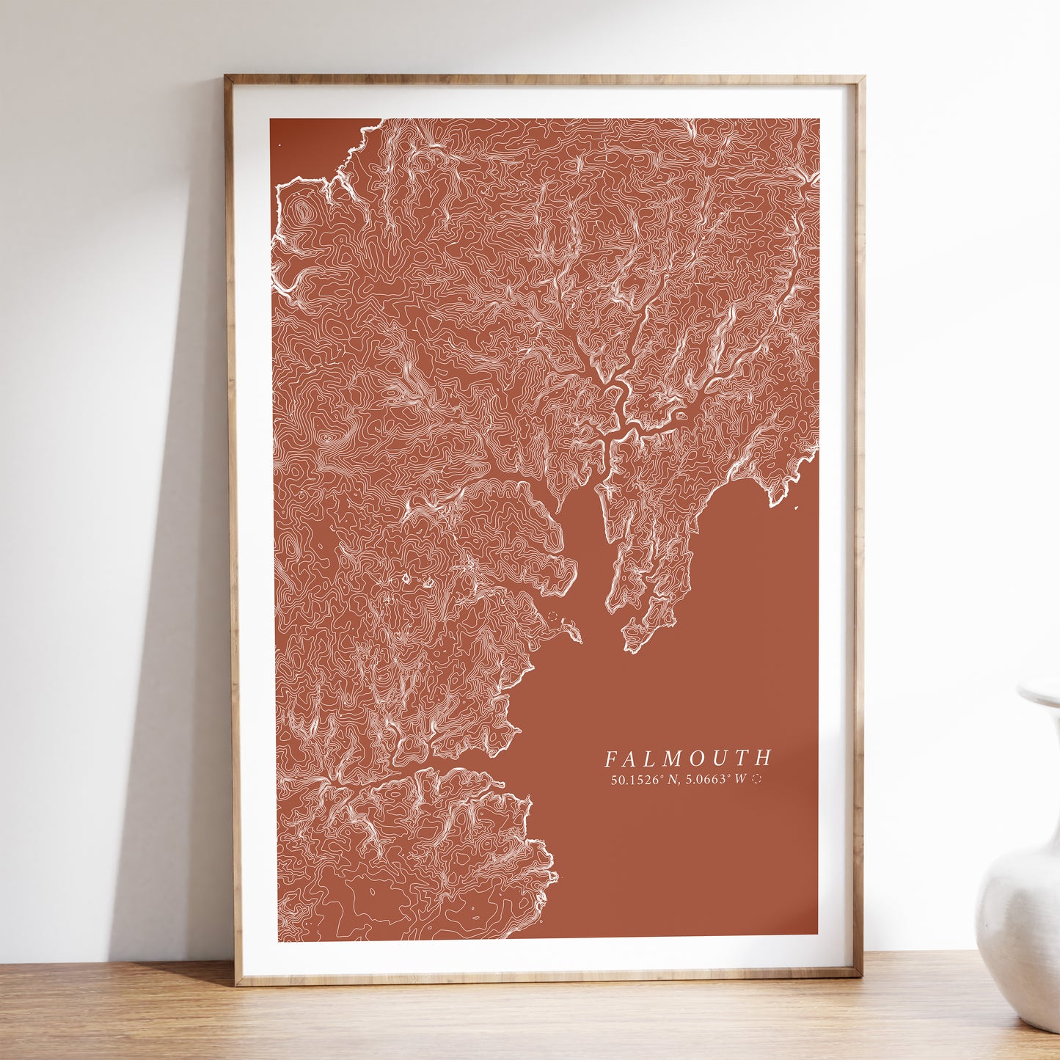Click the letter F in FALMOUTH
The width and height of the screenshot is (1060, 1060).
[x=611, y=758]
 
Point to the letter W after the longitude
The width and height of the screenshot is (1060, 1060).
[x=740, y=780]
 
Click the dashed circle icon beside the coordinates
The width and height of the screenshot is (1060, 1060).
[x=757, y=780]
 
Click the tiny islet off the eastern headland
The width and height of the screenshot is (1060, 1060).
[x=797, y=507]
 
